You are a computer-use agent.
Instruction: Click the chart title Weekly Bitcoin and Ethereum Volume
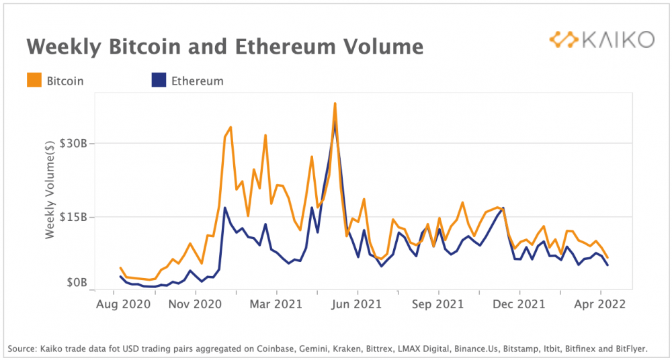(x=224, y=46)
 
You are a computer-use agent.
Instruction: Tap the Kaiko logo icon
(x=563, y=39)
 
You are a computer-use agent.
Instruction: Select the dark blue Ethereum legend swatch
(x=158, y=81)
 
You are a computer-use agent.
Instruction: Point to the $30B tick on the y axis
(x=73, y=144)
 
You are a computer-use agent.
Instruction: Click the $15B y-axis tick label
(x=73, y=217)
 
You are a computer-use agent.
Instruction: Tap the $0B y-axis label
(x=75, y=283)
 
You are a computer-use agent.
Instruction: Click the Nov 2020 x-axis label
(x=196, y=304)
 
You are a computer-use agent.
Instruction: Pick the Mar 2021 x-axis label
(x=276, y=304)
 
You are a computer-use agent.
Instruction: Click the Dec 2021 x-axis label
(x=519, y=304)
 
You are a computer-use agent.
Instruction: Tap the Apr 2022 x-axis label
(x=600, y=304)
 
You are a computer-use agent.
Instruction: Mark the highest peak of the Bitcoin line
(x=335, y=103)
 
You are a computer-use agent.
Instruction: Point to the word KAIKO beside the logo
(x=618, y=40)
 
